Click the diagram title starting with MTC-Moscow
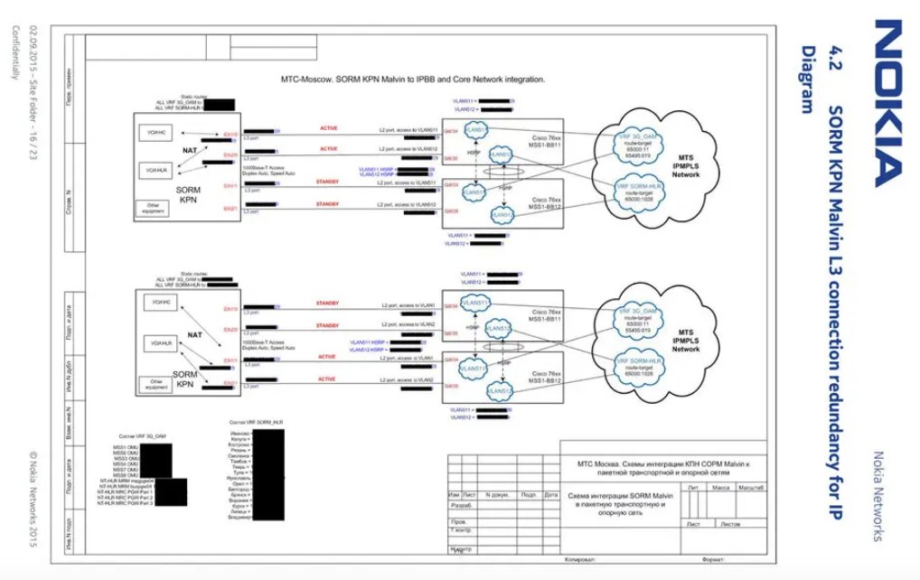click(414, 80)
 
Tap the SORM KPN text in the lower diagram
click(185, 378)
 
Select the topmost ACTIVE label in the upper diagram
click(328, 128)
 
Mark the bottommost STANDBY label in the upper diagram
click(328, 204)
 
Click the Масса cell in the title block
click(721, 487)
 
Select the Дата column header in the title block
click(551, 495)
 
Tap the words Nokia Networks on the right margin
click(881, 497)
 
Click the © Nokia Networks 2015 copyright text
click(33, 497)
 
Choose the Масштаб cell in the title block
click(752, 487)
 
